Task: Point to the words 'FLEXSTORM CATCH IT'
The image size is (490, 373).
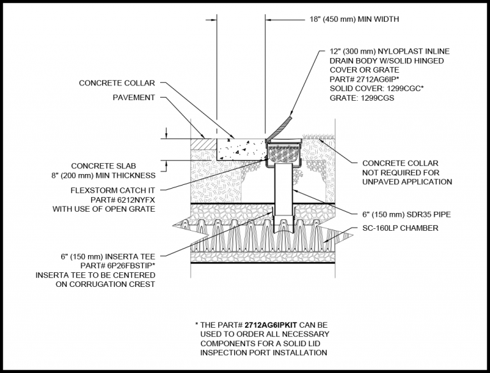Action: [x=113, y=190]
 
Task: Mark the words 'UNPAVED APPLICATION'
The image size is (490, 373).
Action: [x=407, y=182]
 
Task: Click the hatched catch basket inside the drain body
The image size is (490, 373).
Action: [x=283, y=153]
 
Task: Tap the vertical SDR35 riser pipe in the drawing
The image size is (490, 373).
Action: [x=283, y=191]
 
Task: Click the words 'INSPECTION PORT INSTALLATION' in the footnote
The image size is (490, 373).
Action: [x=264, y=352]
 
